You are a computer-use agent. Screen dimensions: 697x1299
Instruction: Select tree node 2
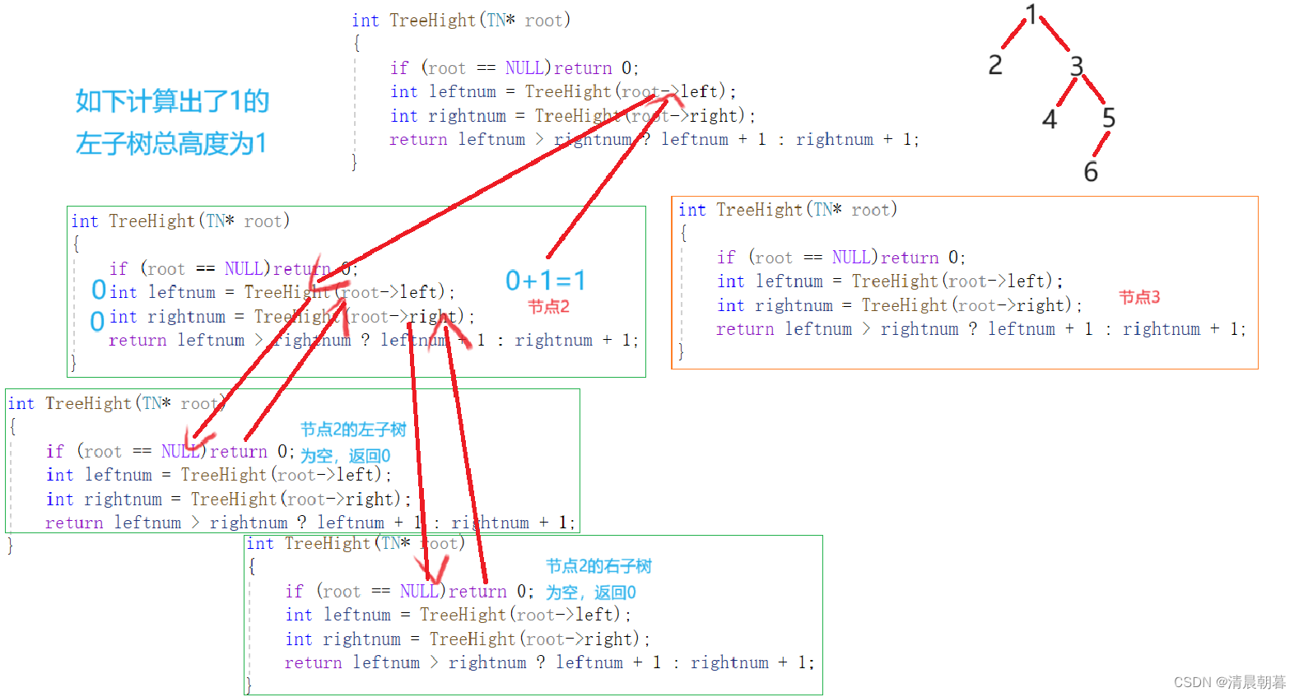[x=995, y=64]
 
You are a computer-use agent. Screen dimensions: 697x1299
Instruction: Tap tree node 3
[x=1077, y=66]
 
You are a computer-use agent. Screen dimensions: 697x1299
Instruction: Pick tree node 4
[x=1050, y=120]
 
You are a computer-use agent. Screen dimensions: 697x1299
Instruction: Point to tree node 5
[x=1109, y=118]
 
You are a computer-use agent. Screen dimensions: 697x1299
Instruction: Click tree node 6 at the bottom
[x=1091, y=172]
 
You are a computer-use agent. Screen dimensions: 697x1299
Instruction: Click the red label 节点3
[x=1139, y=297]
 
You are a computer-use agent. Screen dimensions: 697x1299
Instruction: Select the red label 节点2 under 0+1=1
[x=549, y=307]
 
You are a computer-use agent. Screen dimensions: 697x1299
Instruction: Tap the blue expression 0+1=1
[x=546, y=281]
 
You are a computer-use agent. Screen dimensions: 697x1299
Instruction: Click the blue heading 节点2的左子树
[x=353, y=430]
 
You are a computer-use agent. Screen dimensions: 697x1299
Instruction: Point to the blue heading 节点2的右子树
[x=598, y=566]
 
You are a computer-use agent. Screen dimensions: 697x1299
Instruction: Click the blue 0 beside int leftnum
[x=99, y=290]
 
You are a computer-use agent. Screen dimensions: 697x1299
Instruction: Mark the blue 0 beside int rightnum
[x=97, y=321]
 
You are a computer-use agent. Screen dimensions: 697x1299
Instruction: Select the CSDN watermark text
[x=1229, y=682]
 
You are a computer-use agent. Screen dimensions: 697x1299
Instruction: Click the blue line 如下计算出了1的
[x=172, y=101]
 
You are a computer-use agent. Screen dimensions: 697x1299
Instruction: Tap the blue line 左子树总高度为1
[x=170, y=144]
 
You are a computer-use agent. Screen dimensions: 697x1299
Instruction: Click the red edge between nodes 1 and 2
[x=1013, y=35]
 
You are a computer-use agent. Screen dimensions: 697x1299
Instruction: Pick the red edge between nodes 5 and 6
[x=1101, y=144]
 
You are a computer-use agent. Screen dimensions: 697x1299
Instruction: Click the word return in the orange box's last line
[x=744, y=329]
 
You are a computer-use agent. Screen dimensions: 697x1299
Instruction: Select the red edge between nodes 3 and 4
[x=1066, y=92]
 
